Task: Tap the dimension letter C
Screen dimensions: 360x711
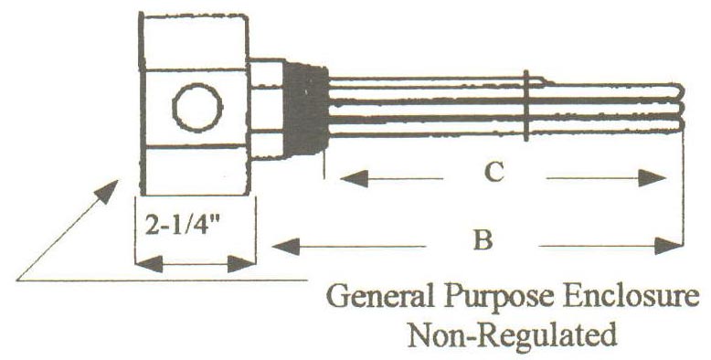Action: pos(494,173)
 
